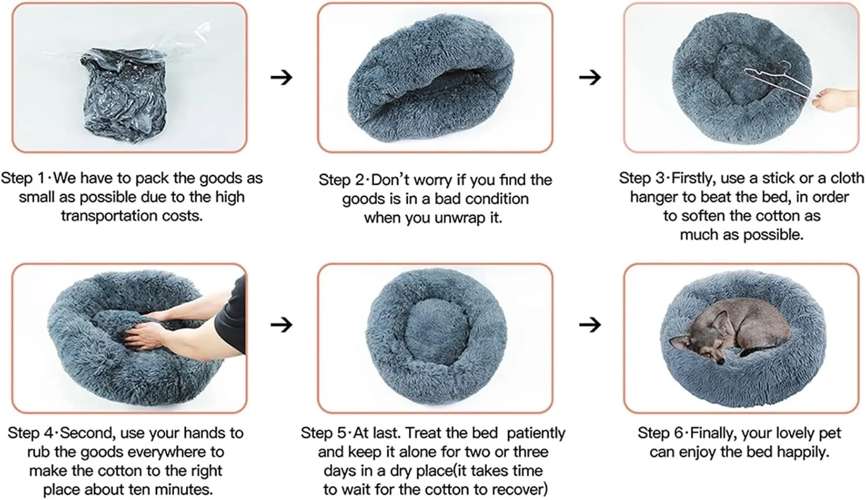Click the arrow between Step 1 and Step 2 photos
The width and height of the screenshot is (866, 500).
282,77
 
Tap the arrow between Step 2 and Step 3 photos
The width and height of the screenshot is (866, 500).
590,77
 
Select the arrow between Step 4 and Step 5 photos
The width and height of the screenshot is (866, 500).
282,324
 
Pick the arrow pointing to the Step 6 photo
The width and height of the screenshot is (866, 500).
590,324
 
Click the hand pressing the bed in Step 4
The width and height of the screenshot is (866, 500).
147,335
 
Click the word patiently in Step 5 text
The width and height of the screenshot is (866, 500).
536,433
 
